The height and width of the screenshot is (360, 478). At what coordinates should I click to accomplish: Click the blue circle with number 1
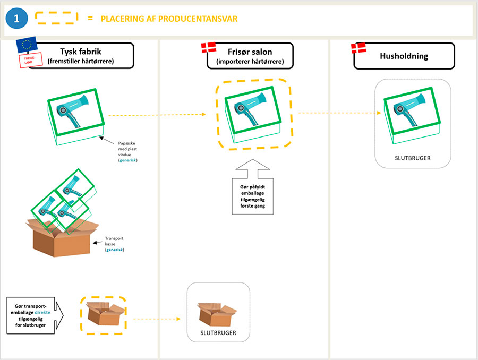[x=16, y=19]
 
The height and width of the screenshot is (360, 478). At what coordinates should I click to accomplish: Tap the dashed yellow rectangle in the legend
[x=56, y=18]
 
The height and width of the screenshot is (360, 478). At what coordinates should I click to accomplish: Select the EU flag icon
[x=27, y=46]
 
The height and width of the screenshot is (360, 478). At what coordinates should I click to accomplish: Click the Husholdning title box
[x=404, y=56]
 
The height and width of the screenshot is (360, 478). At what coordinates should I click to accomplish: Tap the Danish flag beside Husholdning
[x=360, y=48]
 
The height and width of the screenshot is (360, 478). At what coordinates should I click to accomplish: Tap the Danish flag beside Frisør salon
[x=209, y=48]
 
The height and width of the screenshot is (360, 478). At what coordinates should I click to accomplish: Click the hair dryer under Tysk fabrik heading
[x=75, y=109]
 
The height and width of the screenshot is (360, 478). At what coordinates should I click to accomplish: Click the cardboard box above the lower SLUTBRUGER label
[x=218, y=313]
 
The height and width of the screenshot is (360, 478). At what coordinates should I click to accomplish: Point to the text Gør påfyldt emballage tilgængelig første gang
[x=253, y=195]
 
